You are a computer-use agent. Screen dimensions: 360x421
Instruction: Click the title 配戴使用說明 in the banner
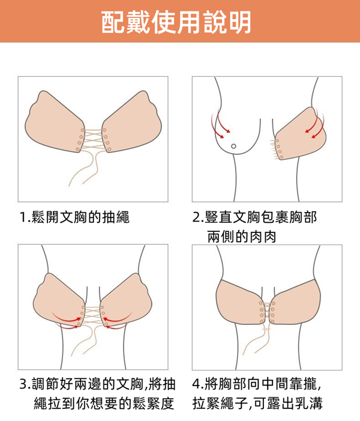click(x=176, y=22)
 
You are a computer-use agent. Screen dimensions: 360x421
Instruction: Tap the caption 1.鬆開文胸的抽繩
click(x=75, y=217)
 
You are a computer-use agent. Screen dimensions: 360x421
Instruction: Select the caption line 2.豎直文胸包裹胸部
click(x=255, y=217)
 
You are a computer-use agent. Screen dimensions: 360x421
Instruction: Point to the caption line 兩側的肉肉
click(x=242, y=237)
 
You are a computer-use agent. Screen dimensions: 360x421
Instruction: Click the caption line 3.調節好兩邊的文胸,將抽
click(x=98, y=384)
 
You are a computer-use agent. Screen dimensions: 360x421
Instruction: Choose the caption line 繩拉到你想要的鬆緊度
click(x=104, y=403)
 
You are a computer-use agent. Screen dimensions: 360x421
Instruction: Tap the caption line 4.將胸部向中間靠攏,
click(x=257, y=384)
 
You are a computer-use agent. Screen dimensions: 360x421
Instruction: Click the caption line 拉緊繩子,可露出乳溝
click(x=257, y=403)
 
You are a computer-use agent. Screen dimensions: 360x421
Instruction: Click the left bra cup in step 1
click(x=55, y=122)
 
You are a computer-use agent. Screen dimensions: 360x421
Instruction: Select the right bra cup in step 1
click(x=132, y=122)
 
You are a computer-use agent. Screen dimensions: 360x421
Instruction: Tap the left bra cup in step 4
click(x=240, y=302)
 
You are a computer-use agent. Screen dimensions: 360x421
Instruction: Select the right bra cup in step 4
click(x=295, y=302)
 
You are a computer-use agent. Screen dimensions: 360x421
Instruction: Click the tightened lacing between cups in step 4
click(x=267, y=312)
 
